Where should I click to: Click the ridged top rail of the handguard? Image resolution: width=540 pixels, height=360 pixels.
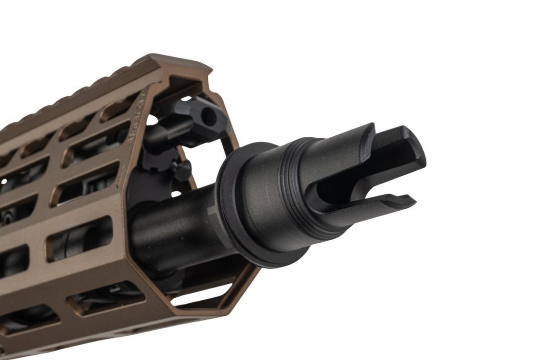[77, 98]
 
